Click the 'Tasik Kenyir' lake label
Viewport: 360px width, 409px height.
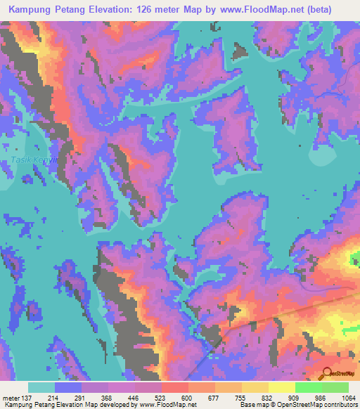[x=32, y=161]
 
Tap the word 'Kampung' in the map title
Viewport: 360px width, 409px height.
[x=34, y=9]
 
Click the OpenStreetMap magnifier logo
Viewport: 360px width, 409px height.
[x=326, y=373]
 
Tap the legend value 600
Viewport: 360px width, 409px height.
[x=187, y=398]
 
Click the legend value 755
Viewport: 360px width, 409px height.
[x=240, y=398]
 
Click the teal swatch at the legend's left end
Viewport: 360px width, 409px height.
[x=41, y=387]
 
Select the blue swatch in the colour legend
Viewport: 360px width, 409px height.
[x=68, y=387]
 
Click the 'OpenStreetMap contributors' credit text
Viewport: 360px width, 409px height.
[x=316, y=405]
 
